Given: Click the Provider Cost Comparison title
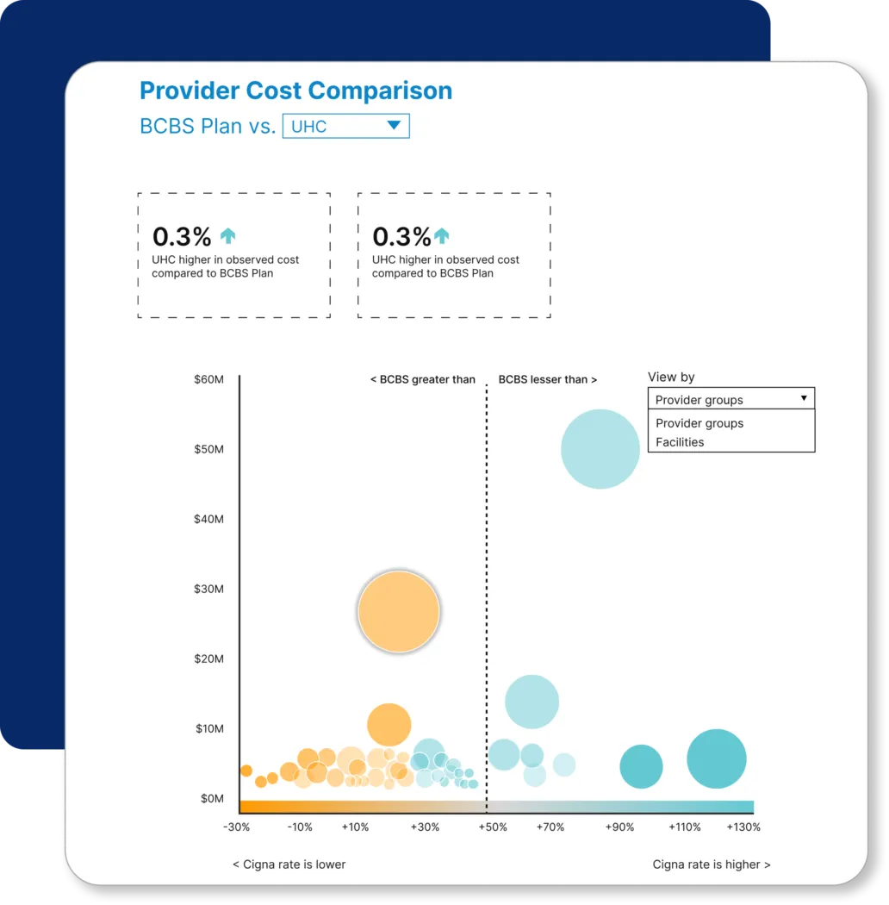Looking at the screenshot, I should coord(295,90).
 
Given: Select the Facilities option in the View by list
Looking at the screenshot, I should coord(680,442).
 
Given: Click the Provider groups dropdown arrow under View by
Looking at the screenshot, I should coord(803,398).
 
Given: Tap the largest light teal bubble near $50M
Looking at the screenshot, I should coord(600,449).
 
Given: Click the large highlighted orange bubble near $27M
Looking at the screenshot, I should coord(398,611).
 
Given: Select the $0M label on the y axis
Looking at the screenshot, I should coord(211,798).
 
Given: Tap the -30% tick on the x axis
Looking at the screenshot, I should coord(237,827).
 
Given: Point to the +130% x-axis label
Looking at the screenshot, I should coord(743,827).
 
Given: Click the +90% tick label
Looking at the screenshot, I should coord(619,827).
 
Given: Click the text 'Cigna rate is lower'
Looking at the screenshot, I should coord(289,864).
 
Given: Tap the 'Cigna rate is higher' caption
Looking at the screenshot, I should coord(712,864).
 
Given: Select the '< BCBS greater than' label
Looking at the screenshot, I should coord(422,379).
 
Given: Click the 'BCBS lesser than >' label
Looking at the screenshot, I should coord(548,379).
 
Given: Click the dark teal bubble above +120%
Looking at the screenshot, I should coord(716,758).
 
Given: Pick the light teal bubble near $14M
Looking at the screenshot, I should coord(532,702).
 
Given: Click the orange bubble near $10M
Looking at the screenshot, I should coord(389,725).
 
